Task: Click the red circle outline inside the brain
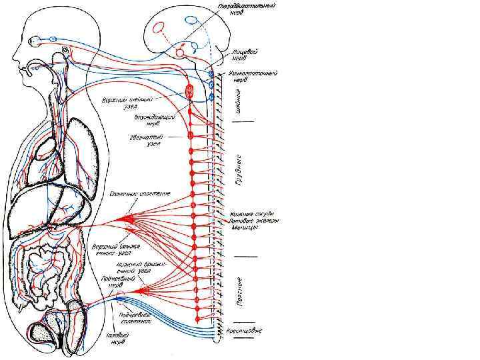[160, 28]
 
